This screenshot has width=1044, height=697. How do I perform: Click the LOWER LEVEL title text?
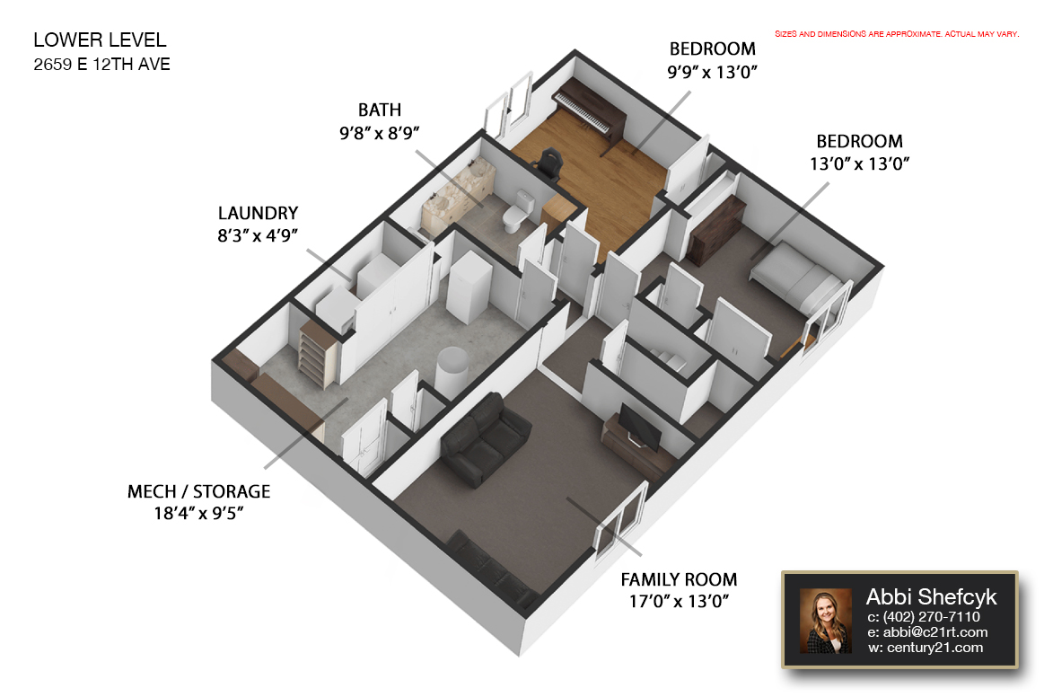[x=100, y=40]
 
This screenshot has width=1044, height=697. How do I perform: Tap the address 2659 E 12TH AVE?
[x=101, y=65]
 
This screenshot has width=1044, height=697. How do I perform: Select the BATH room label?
[x=380, y=110]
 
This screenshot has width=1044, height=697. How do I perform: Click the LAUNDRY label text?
[x=258, y=213]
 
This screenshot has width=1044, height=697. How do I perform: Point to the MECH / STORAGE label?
[x=198, y=492]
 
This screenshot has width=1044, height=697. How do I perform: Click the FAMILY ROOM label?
[x=679, y=579]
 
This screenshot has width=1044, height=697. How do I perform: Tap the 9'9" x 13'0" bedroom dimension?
[x=713, y=72]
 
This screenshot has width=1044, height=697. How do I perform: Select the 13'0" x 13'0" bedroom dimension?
[x=860, y=164]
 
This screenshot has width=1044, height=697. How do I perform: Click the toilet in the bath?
[x=517, y=210]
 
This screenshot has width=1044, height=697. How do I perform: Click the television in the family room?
[x=641, y=427]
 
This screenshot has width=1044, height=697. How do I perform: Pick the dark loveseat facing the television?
[x=485, y=437]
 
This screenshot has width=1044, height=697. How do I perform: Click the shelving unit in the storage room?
[x=317, y=352]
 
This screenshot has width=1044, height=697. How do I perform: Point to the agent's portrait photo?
[x=826, y=621]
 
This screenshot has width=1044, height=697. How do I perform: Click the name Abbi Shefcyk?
[x=931, y=597]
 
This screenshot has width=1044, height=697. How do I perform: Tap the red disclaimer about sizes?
[x=897, y=34]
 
